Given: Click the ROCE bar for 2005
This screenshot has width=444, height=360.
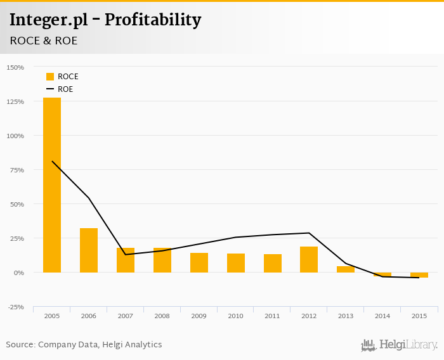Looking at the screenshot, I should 52,185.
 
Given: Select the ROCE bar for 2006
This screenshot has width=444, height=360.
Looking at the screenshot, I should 89,250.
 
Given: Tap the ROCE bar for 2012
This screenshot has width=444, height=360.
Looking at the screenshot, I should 309,259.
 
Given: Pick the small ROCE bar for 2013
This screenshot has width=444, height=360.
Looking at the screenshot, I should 346,269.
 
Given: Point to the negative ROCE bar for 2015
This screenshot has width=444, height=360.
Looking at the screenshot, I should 419,275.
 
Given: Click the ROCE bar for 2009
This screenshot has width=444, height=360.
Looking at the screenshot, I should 199,263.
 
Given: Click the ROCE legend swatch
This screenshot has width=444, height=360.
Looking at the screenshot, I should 50,77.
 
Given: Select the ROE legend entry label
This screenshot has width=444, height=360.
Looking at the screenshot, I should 65,89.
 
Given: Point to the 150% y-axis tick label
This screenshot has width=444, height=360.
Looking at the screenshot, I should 15,67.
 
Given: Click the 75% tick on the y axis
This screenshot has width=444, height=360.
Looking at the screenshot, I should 16,170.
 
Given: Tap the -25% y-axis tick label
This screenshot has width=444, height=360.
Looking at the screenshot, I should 15,307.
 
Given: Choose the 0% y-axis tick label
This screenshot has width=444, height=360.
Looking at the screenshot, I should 19,273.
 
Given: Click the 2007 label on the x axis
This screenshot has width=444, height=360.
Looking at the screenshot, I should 126,316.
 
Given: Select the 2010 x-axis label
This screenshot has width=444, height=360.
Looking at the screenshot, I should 236,316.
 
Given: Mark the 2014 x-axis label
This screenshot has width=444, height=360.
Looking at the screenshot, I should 382,316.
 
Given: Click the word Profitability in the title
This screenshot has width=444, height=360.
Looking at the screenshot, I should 153,20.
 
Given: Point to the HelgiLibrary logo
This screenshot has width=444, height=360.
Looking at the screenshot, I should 400,345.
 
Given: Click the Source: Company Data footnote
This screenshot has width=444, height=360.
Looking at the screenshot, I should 84,345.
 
